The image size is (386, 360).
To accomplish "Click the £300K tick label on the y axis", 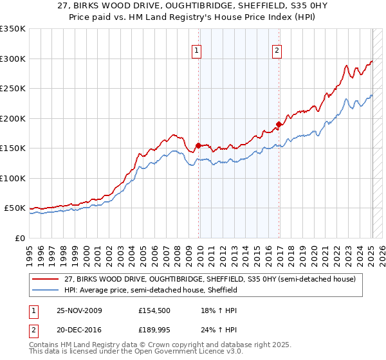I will pyautogui.click(x=13, y=59).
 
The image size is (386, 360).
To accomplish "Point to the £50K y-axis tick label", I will pyautogui.click(x=15, y=208).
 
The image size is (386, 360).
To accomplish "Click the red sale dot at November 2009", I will pyautogui.click(x=198, y=145).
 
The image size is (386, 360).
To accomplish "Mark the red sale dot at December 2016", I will pyautogui.click(x=279, y=124).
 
